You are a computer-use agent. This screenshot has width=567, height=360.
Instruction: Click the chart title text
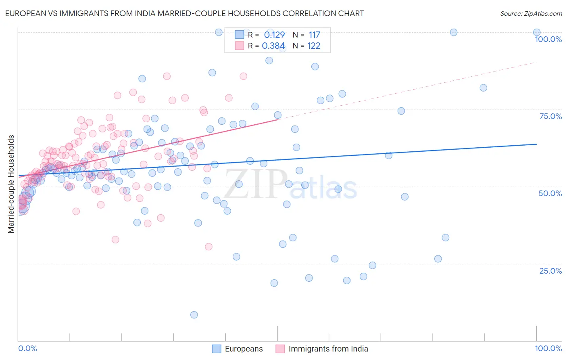[x=185, y=14]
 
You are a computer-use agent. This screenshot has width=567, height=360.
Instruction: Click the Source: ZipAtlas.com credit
[x=531, y=14]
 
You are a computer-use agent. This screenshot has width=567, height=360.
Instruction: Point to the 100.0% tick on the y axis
[x=548, y=39]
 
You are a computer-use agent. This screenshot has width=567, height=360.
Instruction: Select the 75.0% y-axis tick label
[x=550, y=116]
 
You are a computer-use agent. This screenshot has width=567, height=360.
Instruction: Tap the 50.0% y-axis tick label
[x=550, y=193]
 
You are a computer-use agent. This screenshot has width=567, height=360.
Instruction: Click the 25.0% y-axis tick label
[x=550, y=271]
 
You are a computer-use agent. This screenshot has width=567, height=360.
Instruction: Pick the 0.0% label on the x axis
[x=27, y=348]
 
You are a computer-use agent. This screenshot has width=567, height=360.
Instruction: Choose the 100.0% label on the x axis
[x=548, y=348]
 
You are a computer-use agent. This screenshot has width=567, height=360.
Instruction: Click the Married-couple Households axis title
[x=11, y=184]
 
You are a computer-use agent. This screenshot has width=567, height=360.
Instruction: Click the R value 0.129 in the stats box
[x=274, y=35]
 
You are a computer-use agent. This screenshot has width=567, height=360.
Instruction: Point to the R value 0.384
[x=273, y=46]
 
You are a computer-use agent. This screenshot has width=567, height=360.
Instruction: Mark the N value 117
[x=314, y=35]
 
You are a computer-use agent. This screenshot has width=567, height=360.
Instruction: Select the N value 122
[x=314, y=46]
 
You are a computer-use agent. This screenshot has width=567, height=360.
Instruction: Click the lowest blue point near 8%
[x=194, y=315]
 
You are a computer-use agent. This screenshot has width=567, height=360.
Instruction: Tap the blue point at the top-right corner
[x=537, y=32]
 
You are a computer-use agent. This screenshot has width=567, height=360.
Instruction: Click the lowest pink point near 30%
[x=208, y=247]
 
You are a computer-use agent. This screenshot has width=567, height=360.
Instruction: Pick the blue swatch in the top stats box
[x=240, y=35]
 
